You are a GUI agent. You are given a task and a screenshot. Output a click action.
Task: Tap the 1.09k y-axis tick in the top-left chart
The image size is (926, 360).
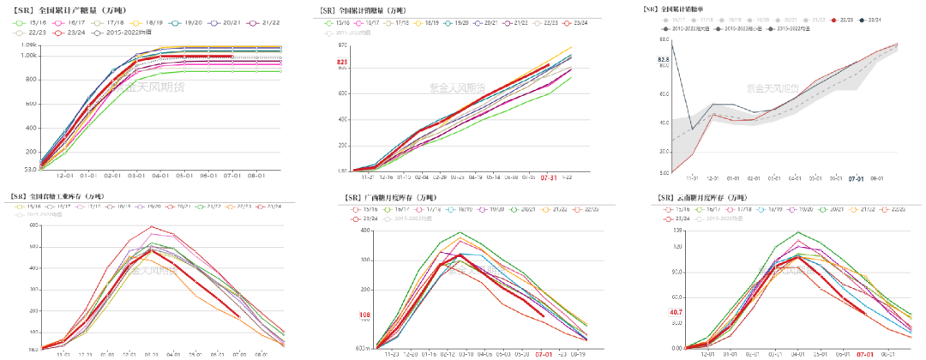[x=27, y=45]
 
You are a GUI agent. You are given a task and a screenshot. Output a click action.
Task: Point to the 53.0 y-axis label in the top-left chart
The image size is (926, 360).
[x=29, y=168]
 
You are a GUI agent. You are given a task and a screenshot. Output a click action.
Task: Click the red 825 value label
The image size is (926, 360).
[x=342, y=63]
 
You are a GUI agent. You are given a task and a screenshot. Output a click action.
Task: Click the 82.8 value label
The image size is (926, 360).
[x=663, y=59]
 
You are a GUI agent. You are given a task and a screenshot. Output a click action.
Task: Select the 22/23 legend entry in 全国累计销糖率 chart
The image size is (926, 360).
[x=845, y=18]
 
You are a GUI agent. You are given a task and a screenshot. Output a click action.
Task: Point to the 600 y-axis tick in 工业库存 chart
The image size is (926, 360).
[x=35, y=225]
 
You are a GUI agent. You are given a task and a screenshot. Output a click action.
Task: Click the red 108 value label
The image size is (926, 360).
[x=364, y=315]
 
